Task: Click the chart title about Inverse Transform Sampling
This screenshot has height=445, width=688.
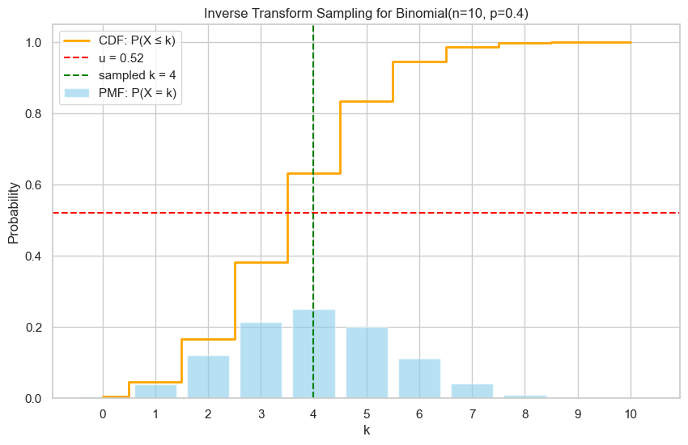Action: tap(367, 13)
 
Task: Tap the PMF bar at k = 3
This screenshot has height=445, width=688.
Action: tap(261, 361)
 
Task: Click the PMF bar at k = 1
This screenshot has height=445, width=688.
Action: tap(155, 392)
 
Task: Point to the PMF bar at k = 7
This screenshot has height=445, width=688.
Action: tap(472, 391)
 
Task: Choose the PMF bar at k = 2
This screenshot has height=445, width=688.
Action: tap(208, 377)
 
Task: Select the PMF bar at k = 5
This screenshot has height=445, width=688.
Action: tap(367, 363)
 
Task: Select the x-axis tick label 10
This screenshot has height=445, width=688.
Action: tap(631, 414)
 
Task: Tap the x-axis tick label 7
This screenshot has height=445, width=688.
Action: tap(472, 414)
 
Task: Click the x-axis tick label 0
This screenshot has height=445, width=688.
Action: tap(103, 414)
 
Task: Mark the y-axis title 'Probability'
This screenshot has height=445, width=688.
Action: tap(14, 213)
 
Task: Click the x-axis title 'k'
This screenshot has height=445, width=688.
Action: tap(367, 430)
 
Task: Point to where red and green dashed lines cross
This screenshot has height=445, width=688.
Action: tap(313, 213)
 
